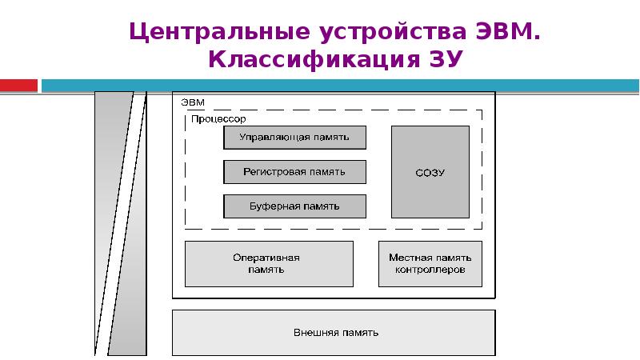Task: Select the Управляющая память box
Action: pos(294,138)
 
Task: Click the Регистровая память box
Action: pos(294,172)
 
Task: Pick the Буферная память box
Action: pos(294,206)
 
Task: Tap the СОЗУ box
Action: pos(430,171)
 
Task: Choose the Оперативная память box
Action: pos(269,264)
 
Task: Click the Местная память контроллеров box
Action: pos(430,264)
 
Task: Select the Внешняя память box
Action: pos(334,333)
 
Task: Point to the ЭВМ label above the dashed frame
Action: pos(192,102)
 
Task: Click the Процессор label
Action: pos(218,118)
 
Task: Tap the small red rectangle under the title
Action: pos(18,85)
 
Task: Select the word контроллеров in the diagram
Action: pos(430,270)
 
